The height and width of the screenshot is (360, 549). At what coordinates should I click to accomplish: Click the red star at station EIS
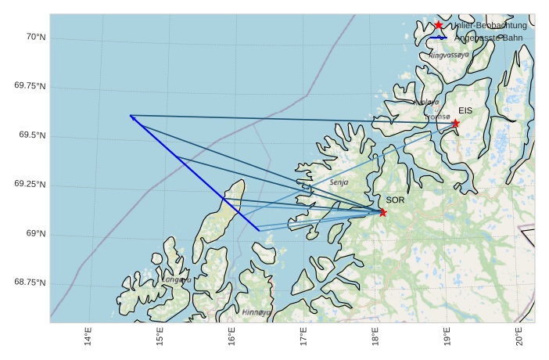click(x=455, y=123)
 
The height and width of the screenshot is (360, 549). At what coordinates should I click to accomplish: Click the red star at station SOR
click(x=382, y=212)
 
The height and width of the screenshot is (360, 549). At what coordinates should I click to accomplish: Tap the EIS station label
click(x=465, y=110)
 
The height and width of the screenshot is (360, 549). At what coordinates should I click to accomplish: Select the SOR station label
click(x=395, y=200)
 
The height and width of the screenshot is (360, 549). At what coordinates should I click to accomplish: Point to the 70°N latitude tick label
click(x=35, y=37)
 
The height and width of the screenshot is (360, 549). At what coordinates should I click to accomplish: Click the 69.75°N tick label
click(x=30, y=85)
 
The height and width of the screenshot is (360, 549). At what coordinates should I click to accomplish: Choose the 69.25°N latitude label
click(x=30, y=184)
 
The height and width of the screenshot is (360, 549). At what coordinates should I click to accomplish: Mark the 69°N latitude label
click(x=35, y=233)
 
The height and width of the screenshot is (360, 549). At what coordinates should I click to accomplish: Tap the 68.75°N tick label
click(x=30, y=282)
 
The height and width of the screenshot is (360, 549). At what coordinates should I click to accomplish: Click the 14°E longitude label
click(x=88, y=337)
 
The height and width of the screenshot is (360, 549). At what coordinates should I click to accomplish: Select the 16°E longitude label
click(x=232, y=337)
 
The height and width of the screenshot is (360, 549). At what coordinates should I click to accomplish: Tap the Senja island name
click(x=339, y=182)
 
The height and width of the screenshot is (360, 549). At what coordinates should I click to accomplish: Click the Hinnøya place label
click(x=256, y=311)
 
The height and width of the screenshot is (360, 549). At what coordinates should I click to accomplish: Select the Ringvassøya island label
click(x=449, y=56)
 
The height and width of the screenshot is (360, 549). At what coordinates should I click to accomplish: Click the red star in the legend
click(x=439, y=26)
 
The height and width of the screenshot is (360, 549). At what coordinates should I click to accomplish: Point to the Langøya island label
click(x=177, y=279)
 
